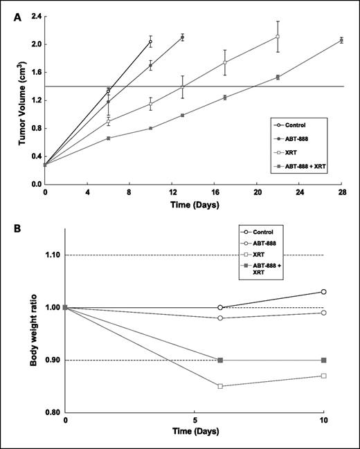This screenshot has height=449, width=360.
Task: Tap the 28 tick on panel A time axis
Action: tap(342, 192)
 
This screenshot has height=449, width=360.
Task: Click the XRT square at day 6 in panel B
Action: tap(220, 386)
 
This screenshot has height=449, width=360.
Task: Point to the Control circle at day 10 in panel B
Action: tap(323, 292)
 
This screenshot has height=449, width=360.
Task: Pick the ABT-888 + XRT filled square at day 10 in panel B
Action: tap(323, 360)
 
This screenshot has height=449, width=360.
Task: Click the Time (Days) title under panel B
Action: tap(195, 430)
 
